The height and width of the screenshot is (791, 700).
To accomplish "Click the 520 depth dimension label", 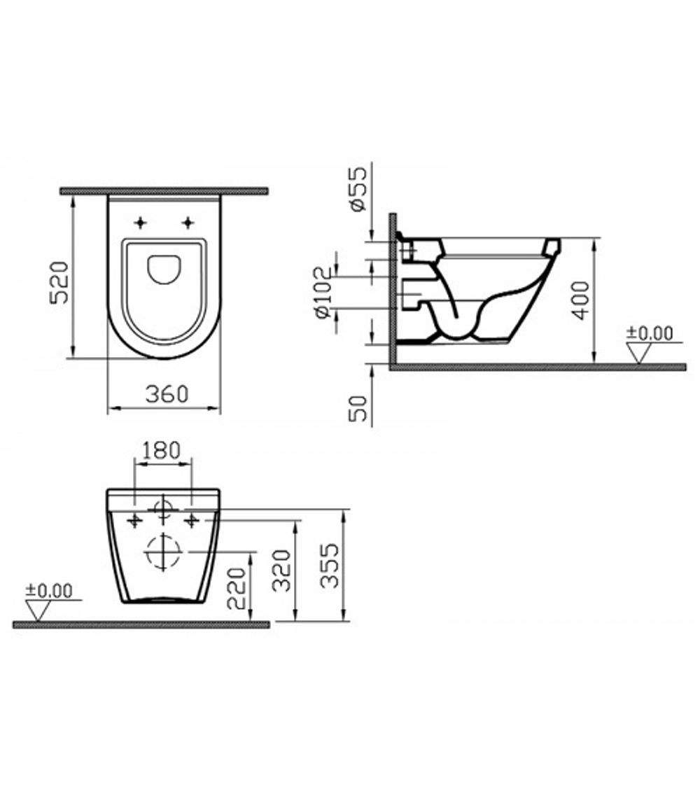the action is coord(59,283).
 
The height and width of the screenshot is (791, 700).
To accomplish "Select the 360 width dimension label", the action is coord(167,394).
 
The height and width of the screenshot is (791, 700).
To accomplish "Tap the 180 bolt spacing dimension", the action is coord(162,451).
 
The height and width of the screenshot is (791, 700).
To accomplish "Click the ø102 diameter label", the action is coord(324,293).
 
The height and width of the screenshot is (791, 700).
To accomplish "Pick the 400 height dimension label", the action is coord(580,301).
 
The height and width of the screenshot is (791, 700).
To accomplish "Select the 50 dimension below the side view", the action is coord(358,409).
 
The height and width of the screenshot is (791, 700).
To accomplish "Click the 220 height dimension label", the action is coord(237,588).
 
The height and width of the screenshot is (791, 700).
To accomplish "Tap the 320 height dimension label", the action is coord(282,570).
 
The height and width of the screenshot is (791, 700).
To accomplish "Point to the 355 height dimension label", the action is coord(330,566).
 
